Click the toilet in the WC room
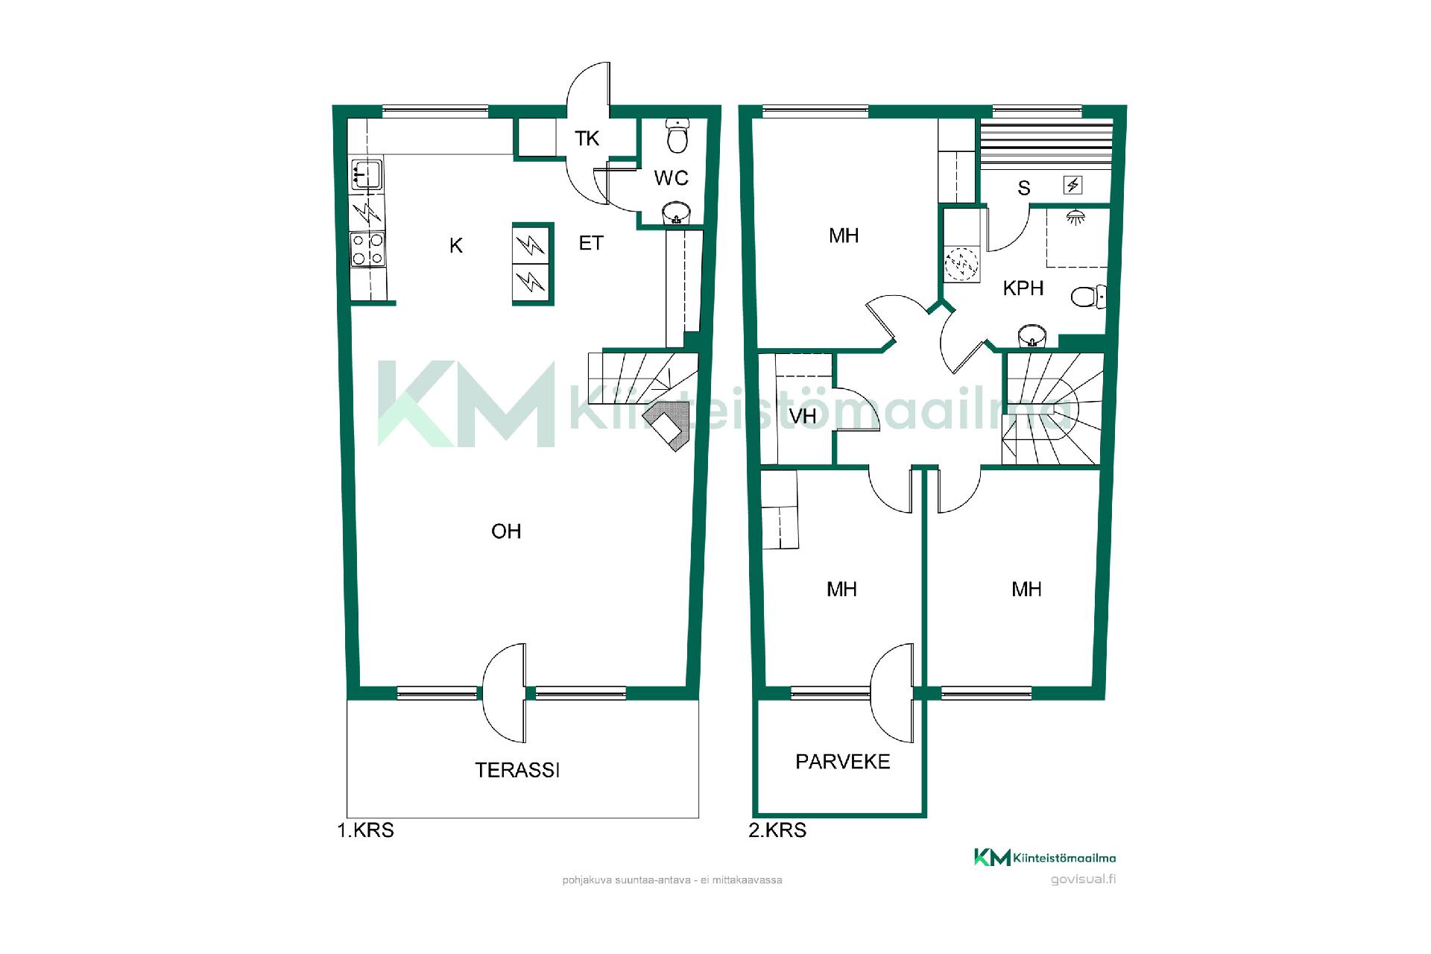[x=677, y=135]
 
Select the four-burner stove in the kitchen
[x=368, y=250]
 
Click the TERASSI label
[x=517, y=770]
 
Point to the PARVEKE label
[x=843, y=762]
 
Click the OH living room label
[x=506, y=531]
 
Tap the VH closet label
[x=803, y=416]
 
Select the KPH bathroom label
[x=1023, y=288]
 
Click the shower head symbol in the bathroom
[x=1075, y=217]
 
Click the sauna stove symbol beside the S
[x=1073, y=185]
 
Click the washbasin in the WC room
[x=677, y=212]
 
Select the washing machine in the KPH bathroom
[x=961, y=265]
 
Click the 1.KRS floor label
[x=365, y=830]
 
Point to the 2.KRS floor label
[x=777, y=830]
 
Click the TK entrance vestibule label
[x=587, y=139]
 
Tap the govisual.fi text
[x=1083, y=879]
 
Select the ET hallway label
[x=591, y=244]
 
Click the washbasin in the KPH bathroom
[x=1032, y=336]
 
